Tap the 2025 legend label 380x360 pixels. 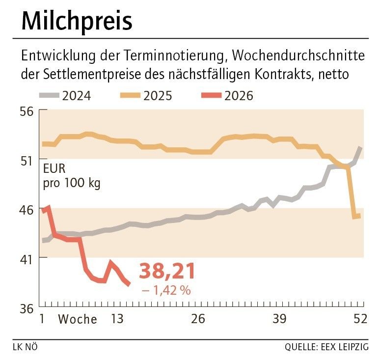(x=158, y=95)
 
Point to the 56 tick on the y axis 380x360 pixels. (x=27, y=111)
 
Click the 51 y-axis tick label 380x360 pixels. (x=27, y=160)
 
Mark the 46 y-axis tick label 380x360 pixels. (x=27, y=209)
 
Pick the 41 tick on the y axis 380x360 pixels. (x=27, y=258)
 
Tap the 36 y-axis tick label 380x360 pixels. (x=27, y=308)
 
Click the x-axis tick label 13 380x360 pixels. (x=117, y=319)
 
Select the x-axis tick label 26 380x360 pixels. (x=198, y=319)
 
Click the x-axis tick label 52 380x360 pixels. (x=360, y=319)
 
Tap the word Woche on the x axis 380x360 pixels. (x=78, y=319)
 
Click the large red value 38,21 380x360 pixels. (x=167, y=272)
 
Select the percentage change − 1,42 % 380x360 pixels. (x=166, y=290)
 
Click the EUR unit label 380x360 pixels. (x=54, y=171)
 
